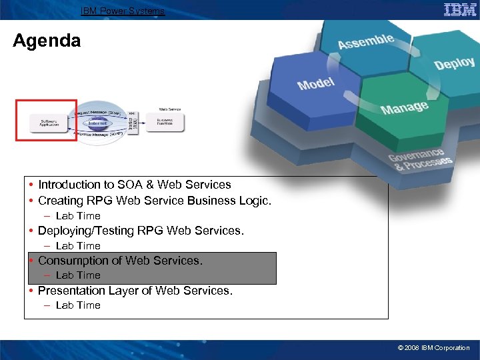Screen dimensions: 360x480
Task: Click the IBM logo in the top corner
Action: tap(460, 9)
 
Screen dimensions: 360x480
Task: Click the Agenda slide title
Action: tap(47, 41)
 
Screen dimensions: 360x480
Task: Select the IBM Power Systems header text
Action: tap(122, 11)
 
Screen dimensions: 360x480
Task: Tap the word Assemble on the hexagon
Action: tap(365, 41)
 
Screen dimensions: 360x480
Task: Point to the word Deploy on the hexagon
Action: tap(454, 63)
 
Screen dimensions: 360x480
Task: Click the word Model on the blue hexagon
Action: tap(316, 84)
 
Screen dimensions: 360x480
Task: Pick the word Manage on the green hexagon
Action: tap(404, 107)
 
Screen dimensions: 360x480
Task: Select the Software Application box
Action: tap(49, 123)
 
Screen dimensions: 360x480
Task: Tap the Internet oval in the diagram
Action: tap(98, 123)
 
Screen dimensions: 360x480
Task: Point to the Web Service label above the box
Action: tap(169, 109)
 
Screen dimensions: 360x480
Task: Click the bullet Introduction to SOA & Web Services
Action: tap(134, 185)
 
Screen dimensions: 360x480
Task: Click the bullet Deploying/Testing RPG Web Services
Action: tap(141, 231)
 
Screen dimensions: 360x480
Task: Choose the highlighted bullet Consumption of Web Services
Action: tap(120, 261)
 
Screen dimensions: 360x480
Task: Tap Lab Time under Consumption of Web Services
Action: tap(78, 275)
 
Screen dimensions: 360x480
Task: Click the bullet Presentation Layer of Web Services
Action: tap(135, 291)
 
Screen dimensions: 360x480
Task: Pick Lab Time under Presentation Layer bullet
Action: tap(78, 305)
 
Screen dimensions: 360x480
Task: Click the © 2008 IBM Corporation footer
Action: tap(433, 348)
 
